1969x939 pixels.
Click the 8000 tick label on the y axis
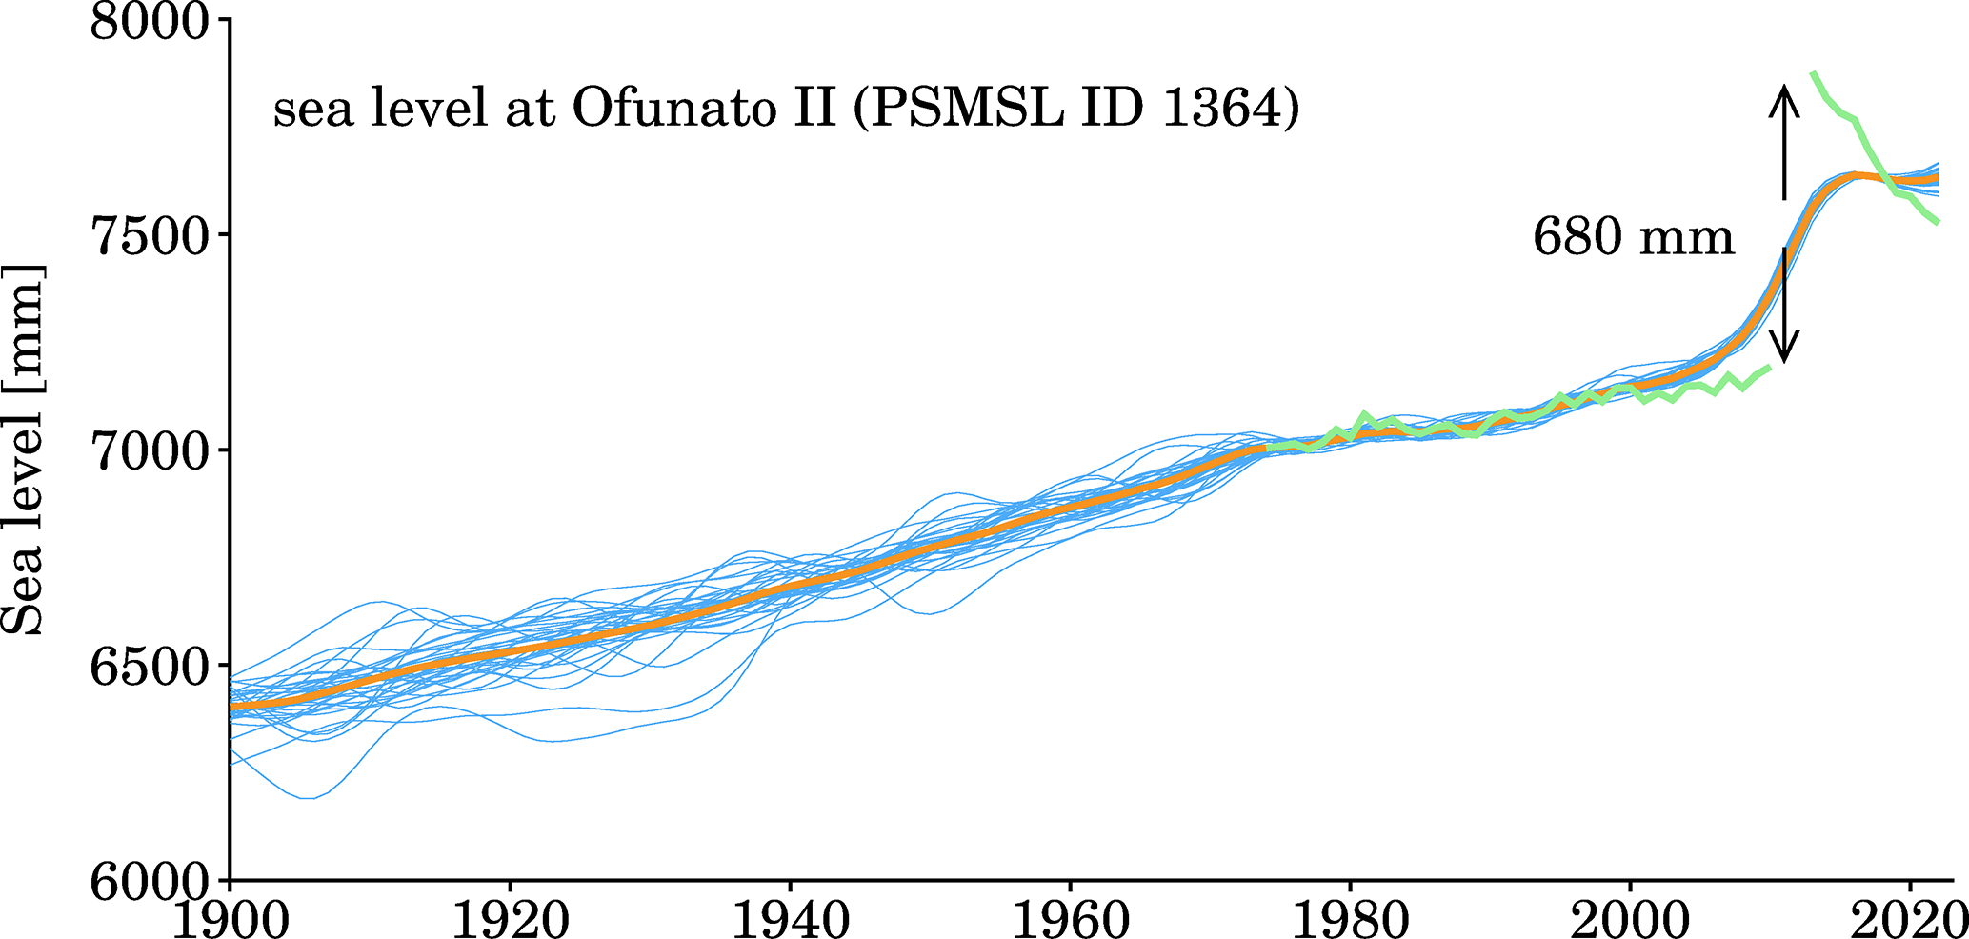coord(148,21)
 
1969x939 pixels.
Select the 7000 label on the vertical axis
coord(148,450)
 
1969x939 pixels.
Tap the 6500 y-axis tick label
coord(148,665)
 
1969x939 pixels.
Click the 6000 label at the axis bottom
coord(148,880)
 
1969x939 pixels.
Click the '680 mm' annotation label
coord(1633,236)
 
